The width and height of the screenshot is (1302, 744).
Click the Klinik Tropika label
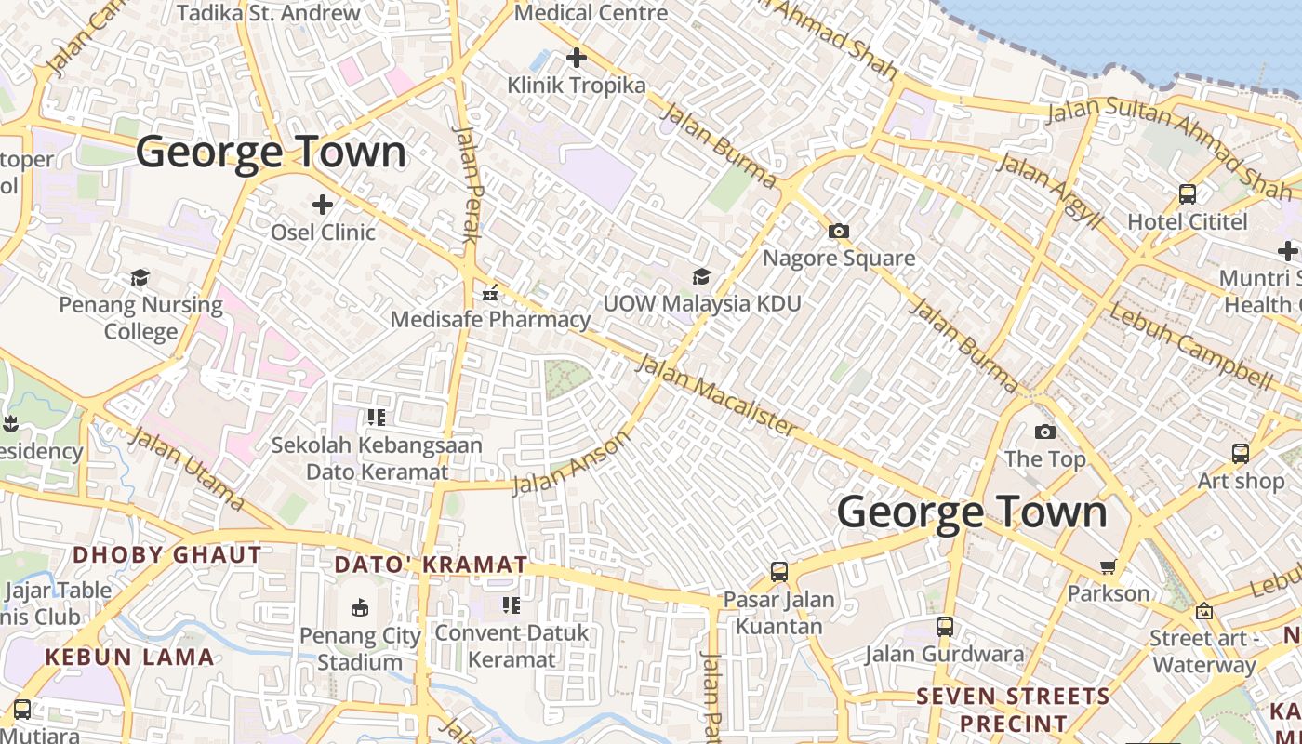click(x=576, y=86)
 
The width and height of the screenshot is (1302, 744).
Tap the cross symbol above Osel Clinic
click(x=323, y=204)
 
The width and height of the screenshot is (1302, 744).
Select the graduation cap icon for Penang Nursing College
click(x=140, y=277)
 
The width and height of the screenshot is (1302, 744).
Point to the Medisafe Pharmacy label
click(x=490, y=320)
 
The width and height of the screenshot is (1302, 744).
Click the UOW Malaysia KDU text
click(x=701, y=304)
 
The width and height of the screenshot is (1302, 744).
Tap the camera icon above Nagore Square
click(x=839, y=231)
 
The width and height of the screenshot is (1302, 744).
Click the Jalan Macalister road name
click(x=715, y=395)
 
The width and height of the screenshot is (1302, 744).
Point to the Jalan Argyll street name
click(x=1049, y=193)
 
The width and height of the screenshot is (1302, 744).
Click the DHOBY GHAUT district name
click(x=167, y=555)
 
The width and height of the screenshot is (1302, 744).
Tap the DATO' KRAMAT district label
click(x=431, y=565)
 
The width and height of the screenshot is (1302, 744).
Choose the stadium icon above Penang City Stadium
click(x=360, y=608)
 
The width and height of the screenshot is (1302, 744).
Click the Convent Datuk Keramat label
click(x=511, y=646)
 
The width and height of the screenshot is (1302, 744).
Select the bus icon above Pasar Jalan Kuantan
click(x=779, y=572)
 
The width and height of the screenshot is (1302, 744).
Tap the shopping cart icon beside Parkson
click(x=1108, y=566)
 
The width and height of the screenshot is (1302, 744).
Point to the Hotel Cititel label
click(x=1188, y=222)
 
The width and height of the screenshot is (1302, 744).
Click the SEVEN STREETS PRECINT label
click(x=1013, y=710)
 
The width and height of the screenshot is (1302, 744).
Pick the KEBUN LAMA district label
click(x=129, y=657)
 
